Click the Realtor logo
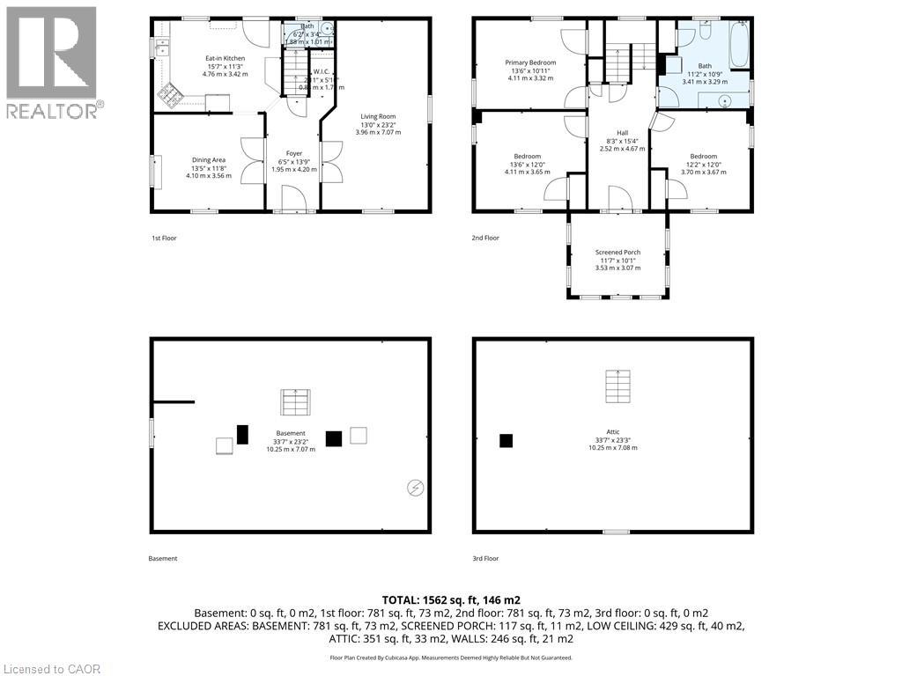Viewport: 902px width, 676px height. point(51,62)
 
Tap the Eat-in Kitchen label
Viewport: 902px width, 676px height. point(225,58)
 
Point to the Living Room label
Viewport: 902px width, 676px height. point(378,116)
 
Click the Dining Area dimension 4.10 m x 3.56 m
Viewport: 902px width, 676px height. point(209,175)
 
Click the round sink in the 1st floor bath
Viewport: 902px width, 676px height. point(327,28)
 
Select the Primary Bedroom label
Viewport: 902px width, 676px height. point(530,62)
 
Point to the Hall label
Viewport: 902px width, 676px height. point(622,132)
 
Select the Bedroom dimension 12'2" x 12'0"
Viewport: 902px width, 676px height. point(703,164)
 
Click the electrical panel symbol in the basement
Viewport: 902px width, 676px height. point(415,487)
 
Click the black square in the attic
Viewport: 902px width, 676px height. point(506,441)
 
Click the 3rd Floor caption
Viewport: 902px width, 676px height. point(486,558)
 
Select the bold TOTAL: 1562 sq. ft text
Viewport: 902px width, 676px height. point(450,599)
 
